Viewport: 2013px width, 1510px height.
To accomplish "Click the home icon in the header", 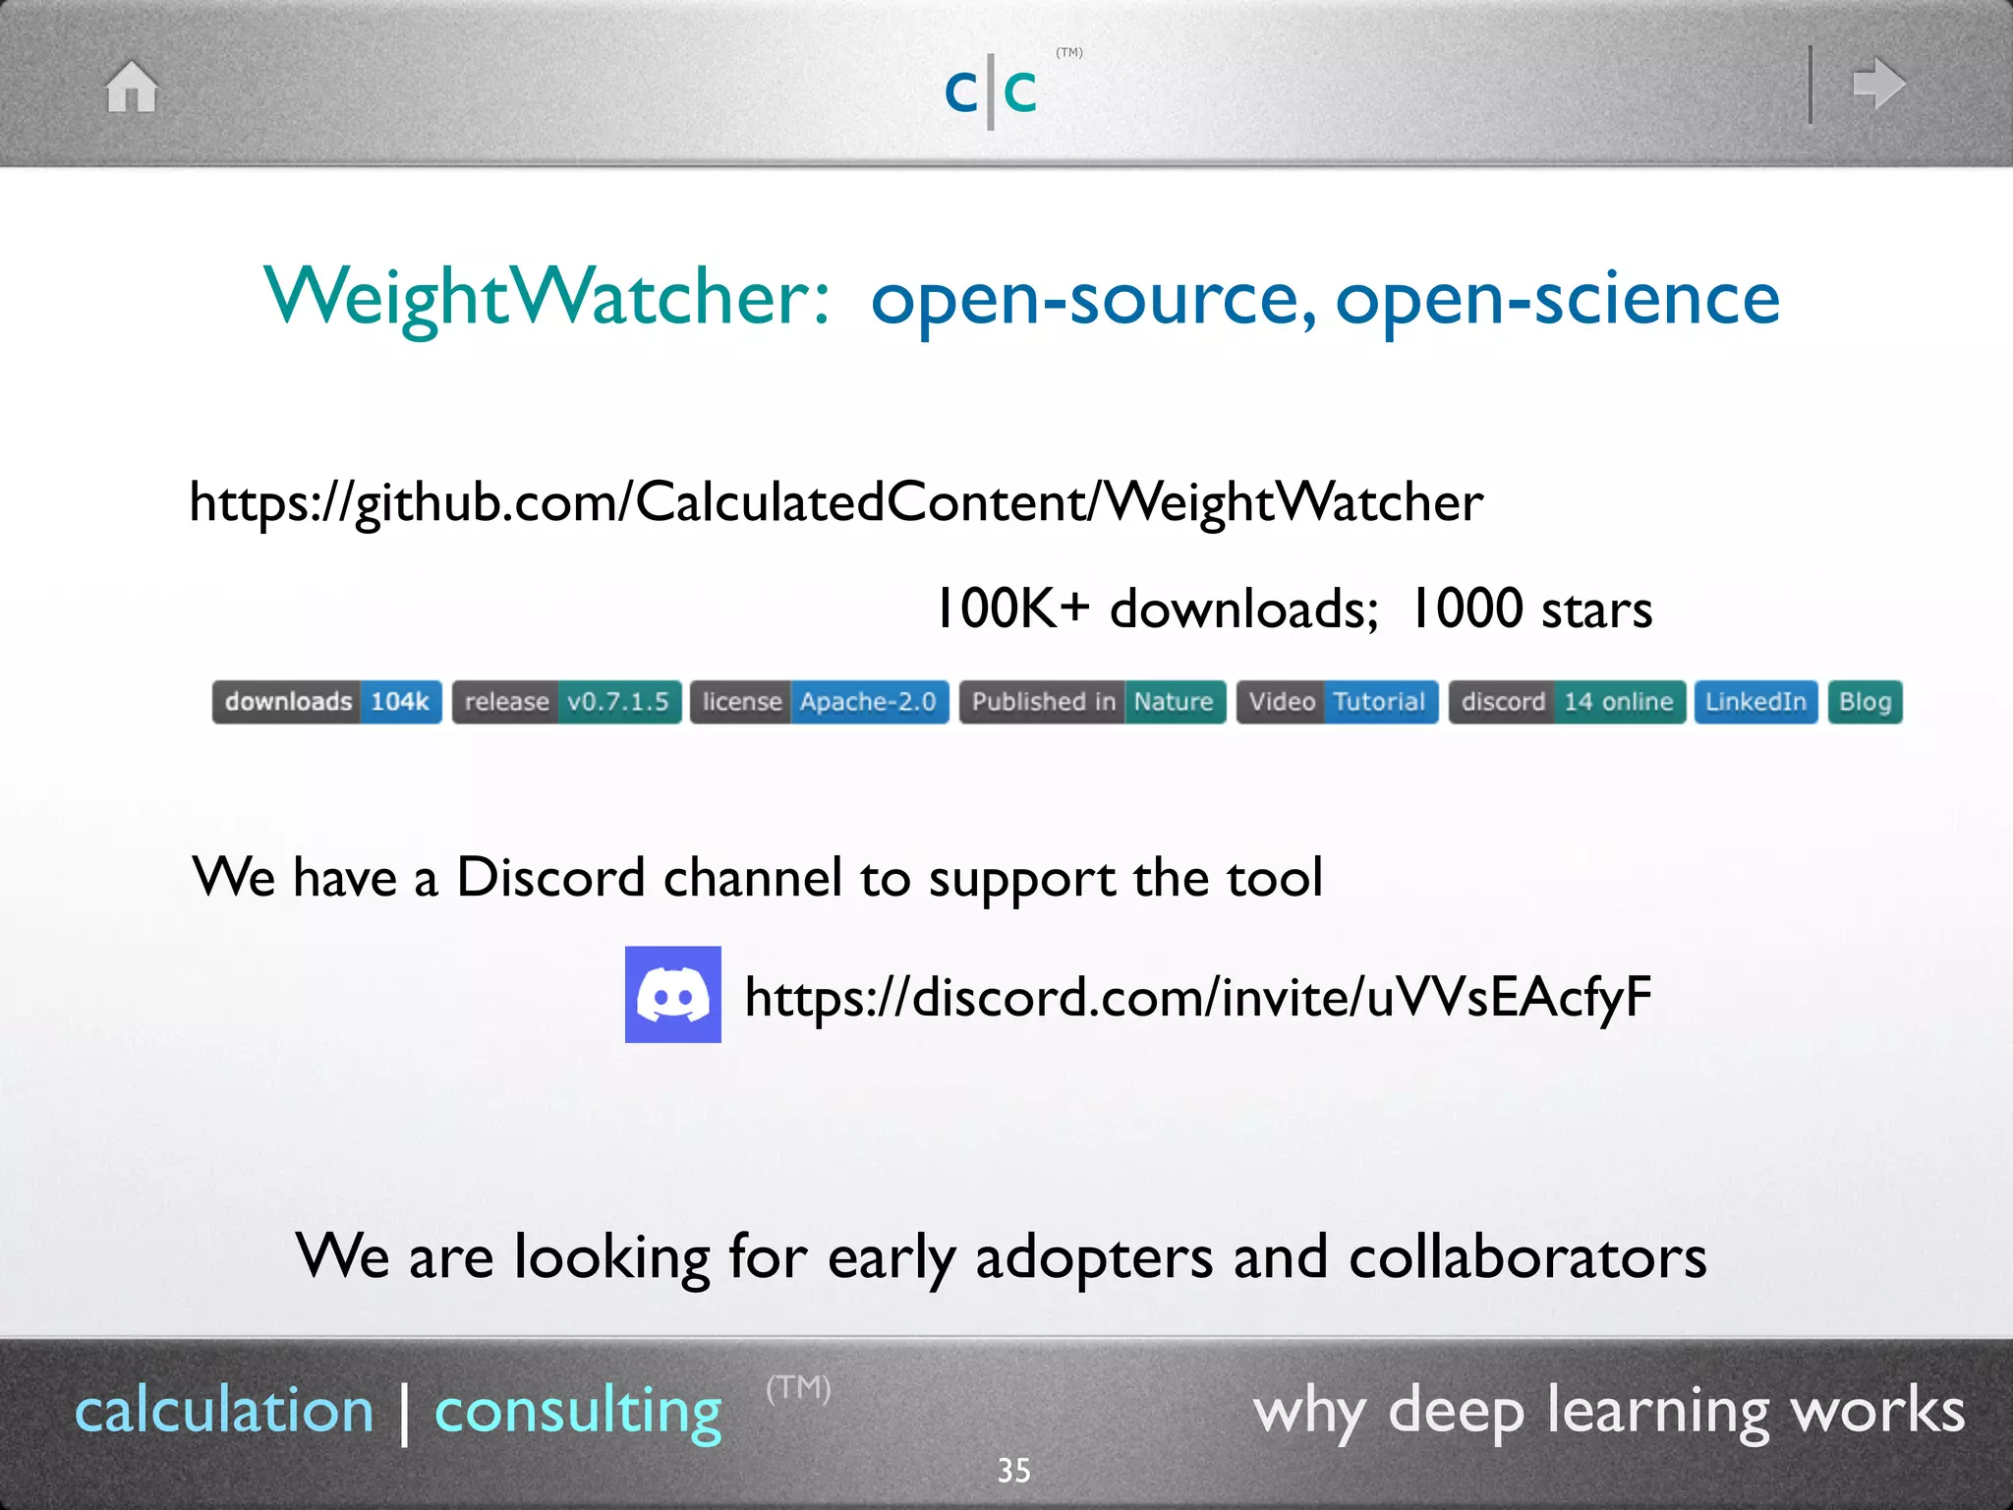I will (x=132, y=87).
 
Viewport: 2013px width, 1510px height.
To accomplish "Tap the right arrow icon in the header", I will (x=1878, y=84).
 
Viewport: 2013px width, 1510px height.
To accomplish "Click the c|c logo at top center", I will (x=991, y=91).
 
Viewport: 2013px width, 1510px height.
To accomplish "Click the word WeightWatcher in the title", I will (x=546, y=298).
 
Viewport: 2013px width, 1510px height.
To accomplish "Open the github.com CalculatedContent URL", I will (x=835, y=502).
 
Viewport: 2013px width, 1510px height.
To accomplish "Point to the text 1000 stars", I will (x=1531, y=609).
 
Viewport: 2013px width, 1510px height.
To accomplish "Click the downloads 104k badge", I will (x=326, y=702).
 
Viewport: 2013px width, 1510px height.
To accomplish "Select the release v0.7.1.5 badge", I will (x=566, y=702).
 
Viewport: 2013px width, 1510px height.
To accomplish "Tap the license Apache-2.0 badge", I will (x=819, y=702).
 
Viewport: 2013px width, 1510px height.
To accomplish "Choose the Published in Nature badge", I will (x=1092, y=702).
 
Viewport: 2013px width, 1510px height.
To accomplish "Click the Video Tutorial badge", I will (x=1337, y=702).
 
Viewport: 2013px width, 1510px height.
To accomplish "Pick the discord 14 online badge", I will (x=1567, y=702).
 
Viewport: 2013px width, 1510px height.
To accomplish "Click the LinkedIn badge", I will (x=1755, y=702).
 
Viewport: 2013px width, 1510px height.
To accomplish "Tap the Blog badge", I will (x=1865, y=702).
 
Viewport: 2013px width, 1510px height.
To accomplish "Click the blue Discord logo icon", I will (x=673, y=995).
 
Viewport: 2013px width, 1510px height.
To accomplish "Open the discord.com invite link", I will (x=1197, y=997).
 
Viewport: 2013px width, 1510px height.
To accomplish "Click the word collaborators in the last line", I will (x=1527, y=1257).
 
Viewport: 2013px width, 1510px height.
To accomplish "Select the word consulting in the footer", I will (x=578, y=1411).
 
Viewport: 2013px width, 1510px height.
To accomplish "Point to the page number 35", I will (x=1013, y=1471).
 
